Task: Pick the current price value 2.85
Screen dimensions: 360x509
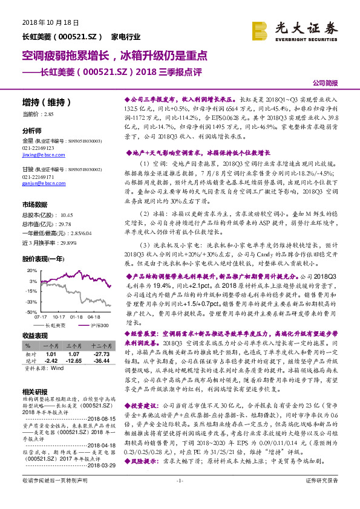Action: click(49, 114)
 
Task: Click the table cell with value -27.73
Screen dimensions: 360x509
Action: click(100, 354)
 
